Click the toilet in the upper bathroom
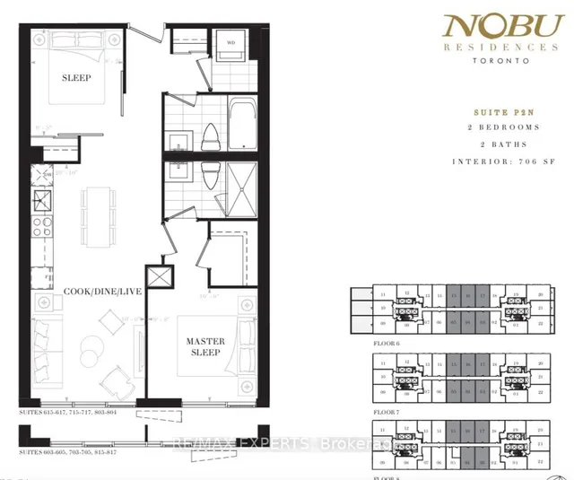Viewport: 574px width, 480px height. pos(209,136)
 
